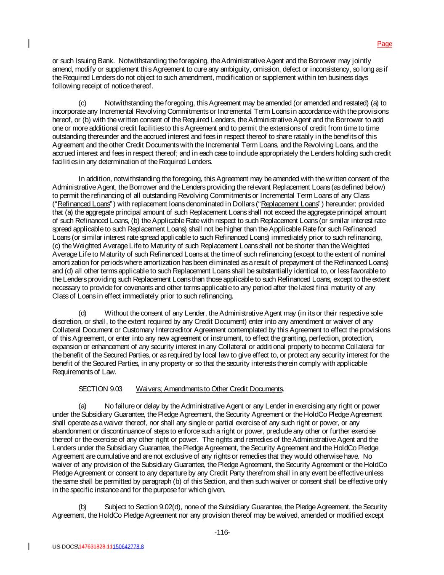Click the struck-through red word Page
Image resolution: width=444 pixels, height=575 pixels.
384,44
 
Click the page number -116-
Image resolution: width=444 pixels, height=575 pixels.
222,532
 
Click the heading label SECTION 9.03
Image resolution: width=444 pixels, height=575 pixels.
100,389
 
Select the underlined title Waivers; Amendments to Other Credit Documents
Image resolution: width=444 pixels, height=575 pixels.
210,389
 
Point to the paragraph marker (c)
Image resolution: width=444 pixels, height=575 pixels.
82,103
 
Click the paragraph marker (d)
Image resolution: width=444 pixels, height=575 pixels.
82,313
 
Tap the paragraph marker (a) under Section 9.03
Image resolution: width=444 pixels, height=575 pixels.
82,406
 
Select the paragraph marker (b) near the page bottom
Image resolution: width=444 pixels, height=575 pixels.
82,507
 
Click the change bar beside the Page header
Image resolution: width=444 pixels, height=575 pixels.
29,43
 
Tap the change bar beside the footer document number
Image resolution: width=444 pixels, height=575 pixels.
29,546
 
